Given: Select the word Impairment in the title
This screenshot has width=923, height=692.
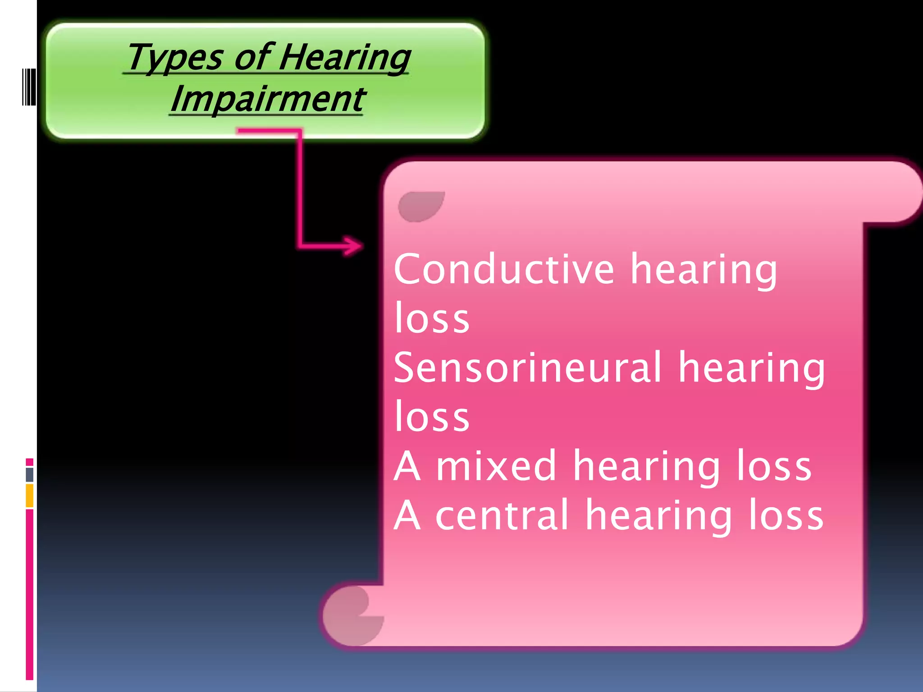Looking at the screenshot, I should pyautogui.click(x=267, y=99).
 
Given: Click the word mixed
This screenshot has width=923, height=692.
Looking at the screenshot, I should pyautogui.click(x=496, y=466).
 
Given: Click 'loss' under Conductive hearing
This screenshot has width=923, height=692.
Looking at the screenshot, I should pyautogui.click(x=432, y=318).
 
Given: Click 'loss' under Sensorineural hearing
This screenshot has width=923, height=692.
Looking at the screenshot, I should pyautogui.click(x=432, y=417).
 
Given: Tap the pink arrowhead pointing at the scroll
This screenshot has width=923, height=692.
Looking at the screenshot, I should pyautogui.click(x=354, y=246).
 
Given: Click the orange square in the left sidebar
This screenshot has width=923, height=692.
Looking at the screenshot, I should pyautogui.click(x=30, y=495).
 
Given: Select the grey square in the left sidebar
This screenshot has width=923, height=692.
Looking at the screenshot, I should pyautogui.click(x=30, y=474).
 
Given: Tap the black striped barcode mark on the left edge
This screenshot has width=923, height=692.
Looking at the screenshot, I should pyautogui.click(x=29, y=86).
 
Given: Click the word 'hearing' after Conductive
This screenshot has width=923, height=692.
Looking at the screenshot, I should pyautogui.click(x=704, y=269).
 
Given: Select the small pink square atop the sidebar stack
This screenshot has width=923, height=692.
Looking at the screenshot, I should pyautogui.click(x=30, y=462).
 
